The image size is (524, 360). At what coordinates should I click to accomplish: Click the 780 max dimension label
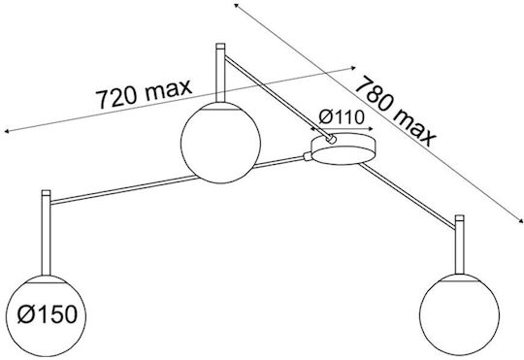(x=396, y=111)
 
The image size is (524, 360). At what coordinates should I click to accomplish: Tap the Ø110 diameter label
(x=342, y=117)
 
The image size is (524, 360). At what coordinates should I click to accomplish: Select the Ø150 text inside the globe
(x=48, y=314)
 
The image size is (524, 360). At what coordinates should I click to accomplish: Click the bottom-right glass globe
(x=459, y=314)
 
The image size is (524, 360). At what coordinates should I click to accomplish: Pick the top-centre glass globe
(x=220, y=143)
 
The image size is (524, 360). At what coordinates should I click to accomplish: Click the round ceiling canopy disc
(x=343, y=148)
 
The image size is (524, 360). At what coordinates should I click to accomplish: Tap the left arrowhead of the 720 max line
(x=6, y=131)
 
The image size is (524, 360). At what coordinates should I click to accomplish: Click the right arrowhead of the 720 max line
(x=353, y=68)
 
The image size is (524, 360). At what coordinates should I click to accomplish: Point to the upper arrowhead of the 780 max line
(x=236, y=5)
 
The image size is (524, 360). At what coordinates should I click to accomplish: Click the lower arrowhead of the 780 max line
(x=520, y=220)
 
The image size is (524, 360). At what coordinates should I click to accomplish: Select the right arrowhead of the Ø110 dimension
(x=371, y=129)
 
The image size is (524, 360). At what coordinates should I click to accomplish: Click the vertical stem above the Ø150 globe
(x=46, y=233)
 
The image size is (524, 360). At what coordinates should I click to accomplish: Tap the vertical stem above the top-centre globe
(x=220, y=73)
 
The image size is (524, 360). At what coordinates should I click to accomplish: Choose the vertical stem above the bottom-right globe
(x=460, y=245)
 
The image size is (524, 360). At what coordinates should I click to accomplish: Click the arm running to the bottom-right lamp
(x=408, y=196)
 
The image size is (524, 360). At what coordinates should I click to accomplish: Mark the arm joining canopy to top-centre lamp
(x=277, y=97)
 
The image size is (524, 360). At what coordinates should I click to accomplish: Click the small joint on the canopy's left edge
(x=308, y=156)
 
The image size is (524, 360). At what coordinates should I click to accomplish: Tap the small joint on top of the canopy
(x=331, y=139)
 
